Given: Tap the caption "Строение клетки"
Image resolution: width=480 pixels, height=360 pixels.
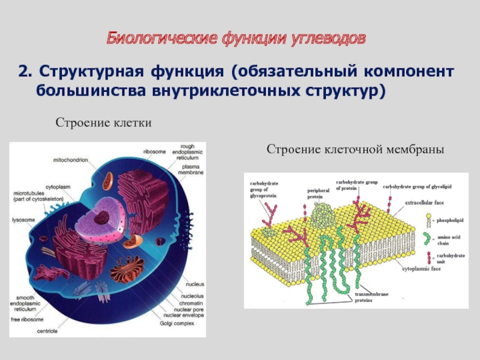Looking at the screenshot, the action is (103, 122).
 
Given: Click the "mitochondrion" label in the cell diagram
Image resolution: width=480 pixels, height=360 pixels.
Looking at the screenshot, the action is (70, 160).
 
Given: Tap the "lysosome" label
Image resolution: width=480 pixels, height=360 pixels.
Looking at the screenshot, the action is (25, 220).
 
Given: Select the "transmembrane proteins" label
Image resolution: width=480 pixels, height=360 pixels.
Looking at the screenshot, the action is (372, 297).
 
